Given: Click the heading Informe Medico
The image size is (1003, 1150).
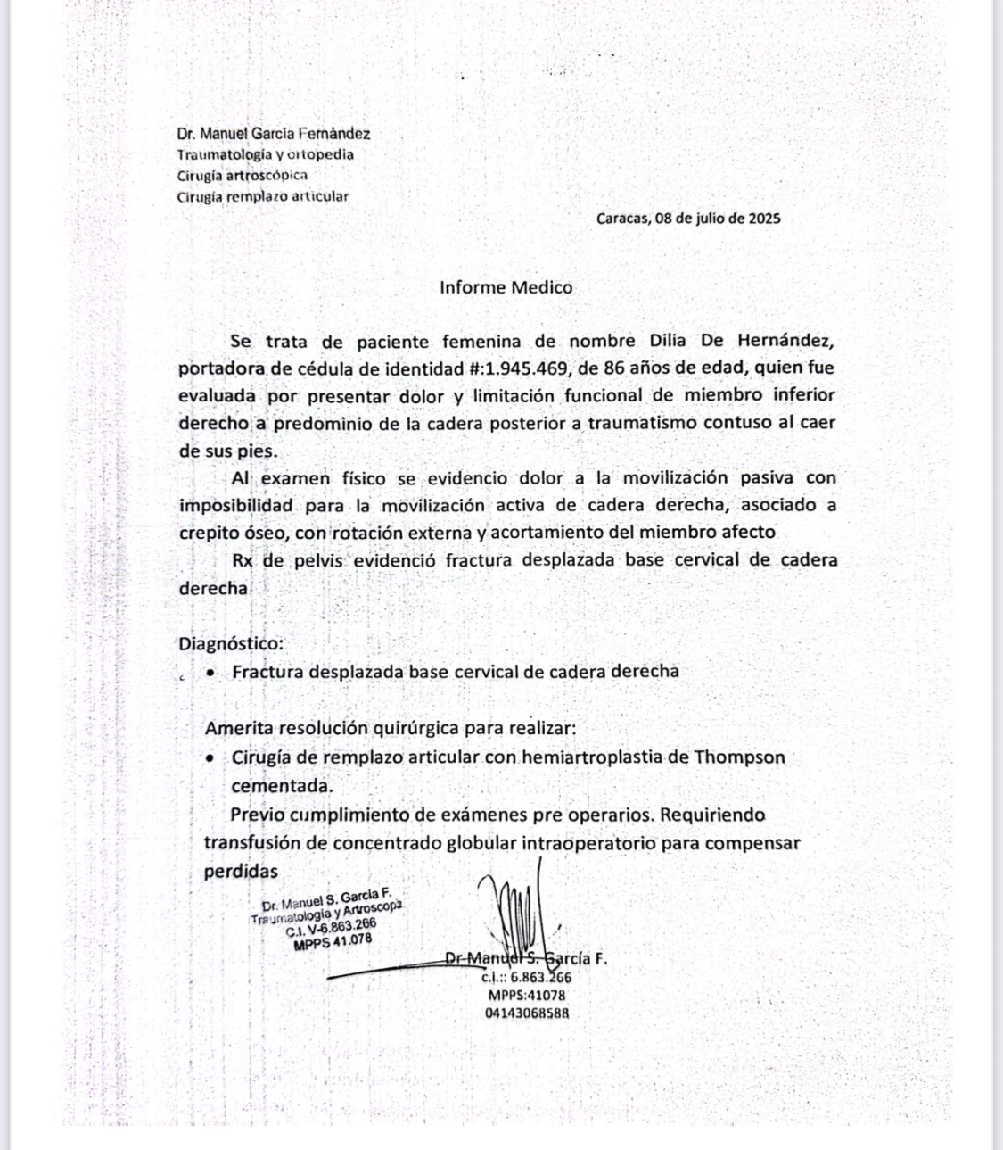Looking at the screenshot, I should point(506,287).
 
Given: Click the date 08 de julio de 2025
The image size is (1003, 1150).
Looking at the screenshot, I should point(718,218).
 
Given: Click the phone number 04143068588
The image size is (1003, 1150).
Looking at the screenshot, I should point(527,1013).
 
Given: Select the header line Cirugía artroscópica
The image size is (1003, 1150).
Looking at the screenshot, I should point(243,175).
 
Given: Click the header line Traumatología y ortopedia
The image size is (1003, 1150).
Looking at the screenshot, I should point(265,154).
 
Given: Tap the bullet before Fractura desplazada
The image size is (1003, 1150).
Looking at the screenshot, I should point(210,672).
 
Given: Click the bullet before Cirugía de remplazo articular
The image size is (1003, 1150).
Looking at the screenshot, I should point(210,758).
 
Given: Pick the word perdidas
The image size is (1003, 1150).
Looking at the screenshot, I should point(241,872).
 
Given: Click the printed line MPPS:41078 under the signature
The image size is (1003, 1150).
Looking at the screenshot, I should point(527,995).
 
